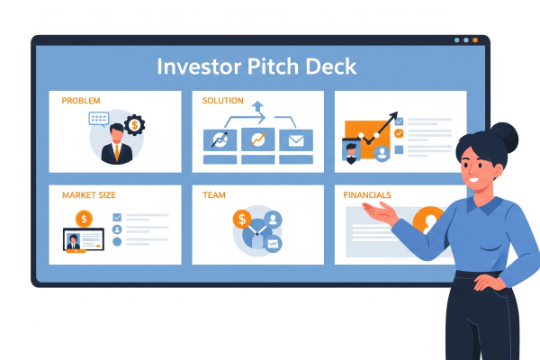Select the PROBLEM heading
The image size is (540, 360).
pyautogui.click(x=81, y=101)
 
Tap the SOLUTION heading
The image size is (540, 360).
pyautogui.click(x=223, y=101)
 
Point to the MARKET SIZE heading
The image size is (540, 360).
pyautogui.click(x=88, y=194)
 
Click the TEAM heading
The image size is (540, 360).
pyautogui.click(x=214, y=194)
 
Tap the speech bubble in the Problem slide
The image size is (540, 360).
pyautogui.click(x=99, y=119)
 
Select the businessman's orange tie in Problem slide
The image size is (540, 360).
pyautogui.click(x=116, y=152)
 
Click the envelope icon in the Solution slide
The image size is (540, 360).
pyautogui.click(x=294, y=140)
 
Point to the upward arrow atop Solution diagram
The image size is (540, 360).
pyautogui.click(x=259, y=109)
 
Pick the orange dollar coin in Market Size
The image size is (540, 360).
pyautogui.click(x=84, y=218)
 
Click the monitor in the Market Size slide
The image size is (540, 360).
pyautogui.click(x=83, y=241)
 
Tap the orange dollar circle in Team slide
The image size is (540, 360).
pyautogui.click(x=241, y=218)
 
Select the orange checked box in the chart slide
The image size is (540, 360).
pyautogui.click(x=399, y=133)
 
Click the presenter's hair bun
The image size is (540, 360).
pyautogui.click(x=505, y=134)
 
